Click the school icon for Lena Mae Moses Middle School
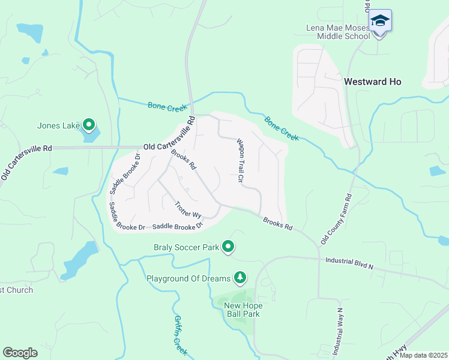(x=379, y=22)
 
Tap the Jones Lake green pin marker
(x=89, y=125)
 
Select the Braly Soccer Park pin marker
(x=228, y=246)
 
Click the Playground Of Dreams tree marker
(x=240, y=277)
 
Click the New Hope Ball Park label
(x=243, y=310)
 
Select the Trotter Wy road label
(x=187, y=209)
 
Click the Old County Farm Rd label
(x=336, y=218)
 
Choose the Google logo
(x=20, y=353)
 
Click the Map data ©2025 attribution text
(x=423, y=355)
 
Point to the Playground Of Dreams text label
(x=188, y=278)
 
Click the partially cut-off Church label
(x=16, y=290)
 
